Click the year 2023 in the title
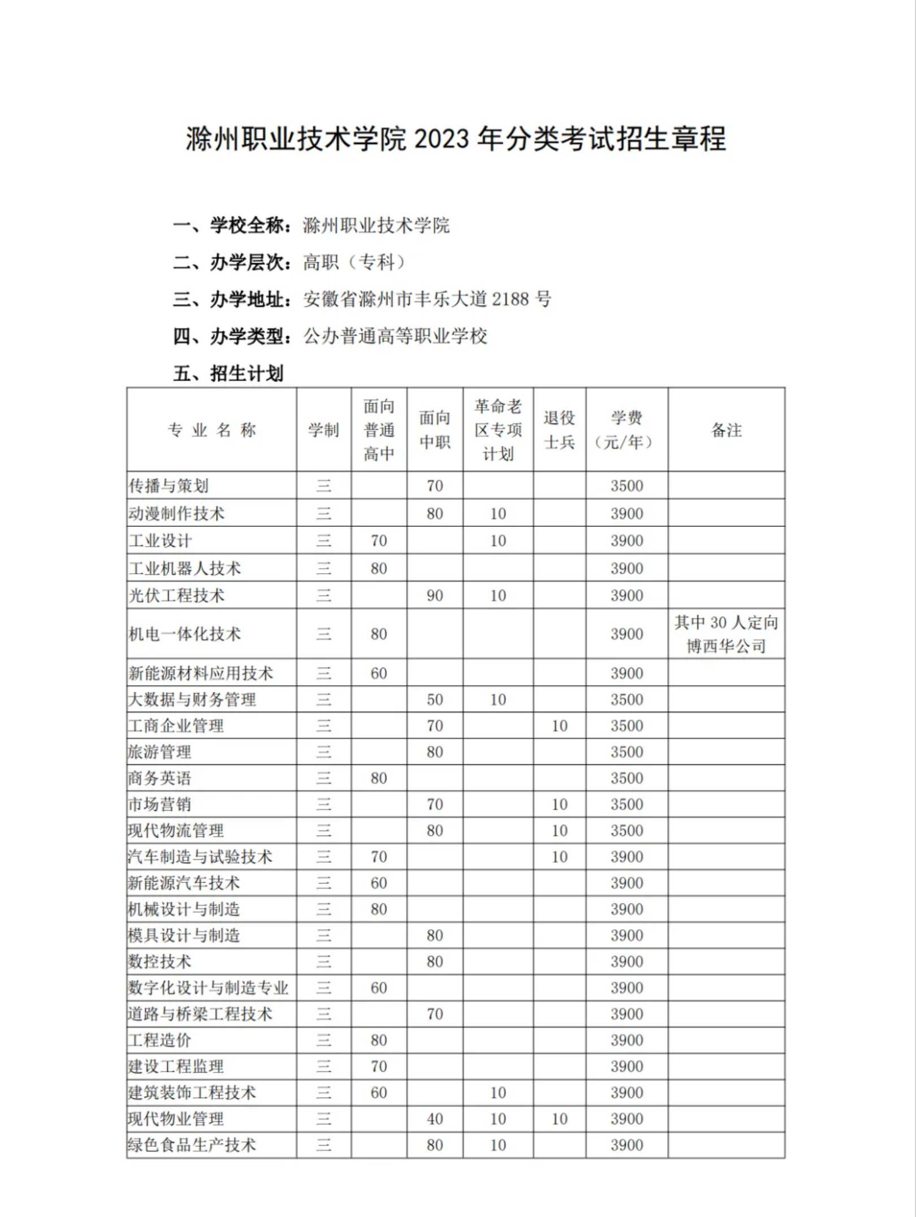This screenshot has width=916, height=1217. coord(442,139)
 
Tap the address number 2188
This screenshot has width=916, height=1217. coord(510,299)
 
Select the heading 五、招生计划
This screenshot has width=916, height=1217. coord(228,373)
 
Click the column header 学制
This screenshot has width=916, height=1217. coord(323,430)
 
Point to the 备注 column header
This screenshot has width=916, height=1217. coord(726,430)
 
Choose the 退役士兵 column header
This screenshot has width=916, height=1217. coord(559,430)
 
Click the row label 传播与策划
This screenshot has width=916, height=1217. coord(168,486)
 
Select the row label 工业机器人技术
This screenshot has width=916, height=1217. coord(184,568)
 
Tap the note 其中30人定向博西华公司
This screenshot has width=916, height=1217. coord(726,634)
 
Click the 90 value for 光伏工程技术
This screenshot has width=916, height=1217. coord(434,595)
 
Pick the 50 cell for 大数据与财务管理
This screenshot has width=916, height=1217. coord(434,699)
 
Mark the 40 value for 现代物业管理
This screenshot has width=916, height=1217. coord(434,1119)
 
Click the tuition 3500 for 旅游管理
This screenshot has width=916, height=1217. coord(626,752)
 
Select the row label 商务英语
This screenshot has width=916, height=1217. coord(159,778)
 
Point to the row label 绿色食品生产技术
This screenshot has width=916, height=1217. coord(192,1145)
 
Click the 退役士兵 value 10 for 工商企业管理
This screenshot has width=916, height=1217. coord(559,725)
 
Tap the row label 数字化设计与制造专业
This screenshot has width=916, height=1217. coord(208,988)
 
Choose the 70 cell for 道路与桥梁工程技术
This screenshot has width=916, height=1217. coord(434,1014)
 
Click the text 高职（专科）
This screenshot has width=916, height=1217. coord(354,262)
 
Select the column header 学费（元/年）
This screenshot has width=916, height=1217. coord(626,430)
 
